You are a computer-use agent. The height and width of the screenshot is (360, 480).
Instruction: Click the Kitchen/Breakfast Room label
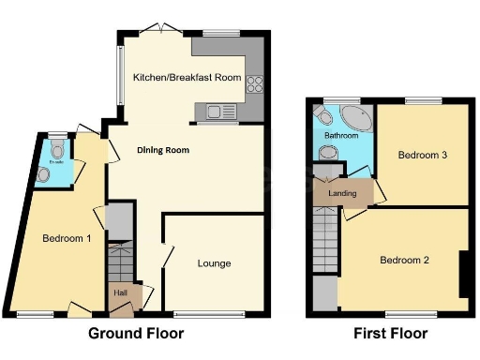(x=187, y=77)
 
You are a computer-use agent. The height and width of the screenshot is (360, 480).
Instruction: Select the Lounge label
(x=214, y=263)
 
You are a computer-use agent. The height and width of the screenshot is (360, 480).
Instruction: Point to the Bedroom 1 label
(x=67, y=238)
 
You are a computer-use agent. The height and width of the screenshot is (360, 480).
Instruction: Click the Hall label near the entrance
(x=121, y=293)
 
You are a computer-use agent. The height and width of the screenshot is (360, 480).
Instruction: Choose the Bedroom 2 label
(x=404, y=260)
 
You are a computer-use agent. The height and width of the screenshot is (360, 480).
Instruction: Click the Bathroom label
(x=341, y=136)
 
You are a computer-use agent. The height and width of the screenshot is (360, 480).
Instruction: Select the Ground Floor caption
(x=136, y=334)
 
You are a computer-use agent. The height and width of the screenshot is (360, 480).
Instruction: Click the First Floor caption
(x=390, y=334)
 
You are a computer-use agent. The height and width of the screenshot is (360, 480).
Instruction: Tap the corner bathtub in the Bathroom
(x=357, y=119)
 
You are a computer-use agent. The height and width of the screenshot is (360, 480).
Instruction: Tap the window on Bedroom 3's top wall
(x=418, y=100)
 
